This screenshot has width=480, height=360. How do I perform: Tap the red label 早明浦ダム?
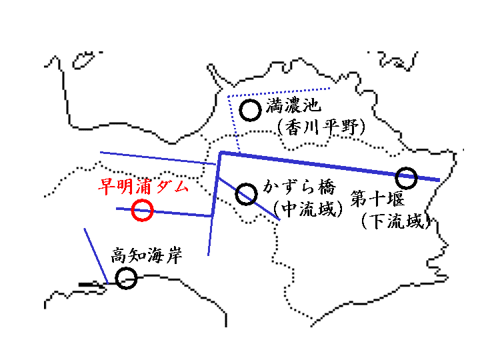143,187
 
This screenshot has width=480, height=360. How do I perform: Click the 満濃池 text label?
293,105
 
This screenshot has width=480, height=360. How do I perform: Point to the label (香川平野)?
321,127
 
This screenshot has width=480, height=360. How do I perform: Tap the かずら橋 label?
299,187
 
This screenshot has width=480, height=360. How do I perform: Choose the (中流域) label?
307,209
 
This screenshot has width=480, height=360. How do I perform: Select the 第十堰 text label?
377,199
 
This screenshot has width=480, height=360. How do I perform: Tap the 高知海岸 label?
147,255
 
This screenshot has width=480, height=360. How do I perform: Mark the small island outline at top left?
83,60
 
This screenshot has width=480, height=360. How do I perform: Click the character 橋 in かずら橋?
327,187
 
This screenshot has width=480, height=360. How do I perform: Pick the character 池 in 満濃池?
312,105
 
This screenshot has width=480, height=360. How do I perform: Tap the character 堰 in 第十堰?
396,199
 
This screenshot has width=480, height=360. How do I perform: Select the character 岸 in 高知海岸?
174,255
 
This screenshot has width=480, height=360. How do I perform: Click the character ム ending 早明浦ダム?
180,187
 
